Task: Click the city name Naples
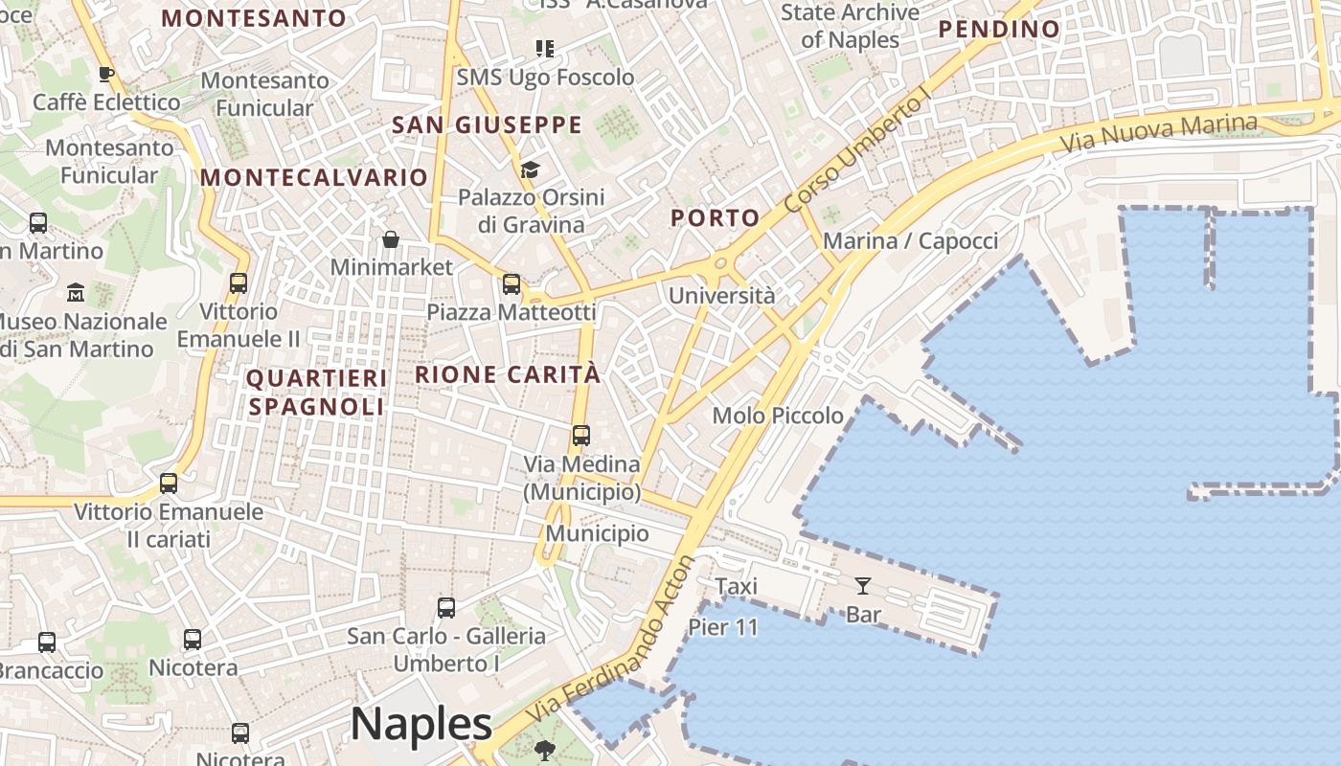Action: pos(421,724)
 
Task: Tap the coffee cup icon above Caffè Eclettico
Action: pos(106,74)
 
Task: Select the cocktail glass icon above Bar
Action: pos(863,585)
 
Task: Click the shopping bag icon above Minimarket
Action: pos(390,238)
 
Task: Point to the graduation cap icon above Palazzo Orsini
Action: pos(530,169)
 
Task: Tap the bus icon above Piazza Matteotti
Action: pos(511,283)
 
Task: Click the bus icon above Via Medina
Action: pos(580,436)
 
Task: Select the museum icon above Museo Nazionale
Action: pos(76,292)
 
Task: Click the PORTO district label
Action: pos(715,218)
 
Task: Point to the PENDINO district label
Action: pos(999,30)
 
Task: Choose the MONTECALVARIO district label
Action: pos(314,177)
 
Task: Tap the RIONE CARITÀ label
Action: pos(508,374)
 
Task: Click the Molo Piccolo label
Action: pos(778,416)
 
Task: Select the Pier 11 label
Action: pos(723,628)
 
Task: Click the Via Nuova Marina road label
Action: pos(1159,134)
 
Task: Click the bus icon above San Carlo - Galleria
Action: pos(445,607)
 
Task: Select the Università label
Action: pos(721,296)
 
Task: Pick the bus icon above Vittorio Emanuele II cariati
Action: pos(169,484)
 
